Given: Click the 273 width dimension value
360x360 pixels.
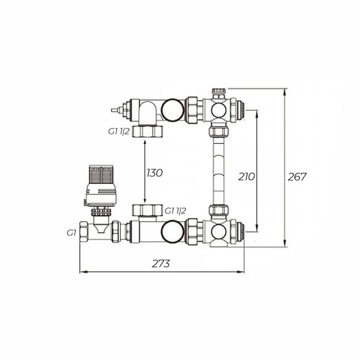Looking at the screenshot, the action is point(161,264).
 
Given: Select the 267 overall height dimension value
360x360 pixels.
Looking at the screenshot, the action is point(297,177).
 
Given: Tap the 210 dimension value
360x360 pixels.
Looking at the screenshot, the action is point(247,177).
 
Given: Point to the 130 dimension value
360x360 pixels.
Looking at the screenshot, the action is point(155,173).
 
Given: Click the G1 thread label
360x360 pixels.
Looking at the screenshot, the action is point(71,233).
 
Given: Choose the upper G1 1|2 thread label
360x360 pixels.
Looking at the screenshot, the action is point(119,131).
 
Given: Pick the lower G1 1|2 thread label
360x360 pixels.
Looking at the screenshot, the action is point(175,211).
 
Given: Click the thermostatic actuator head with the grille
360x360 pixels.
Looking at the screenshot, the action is point(101,185).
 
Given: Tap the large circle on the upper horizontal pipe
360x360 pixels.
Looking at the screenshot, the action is point(173,110).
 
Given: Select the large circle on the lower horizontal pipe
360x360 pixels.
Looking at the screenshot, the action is point(173,232).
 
